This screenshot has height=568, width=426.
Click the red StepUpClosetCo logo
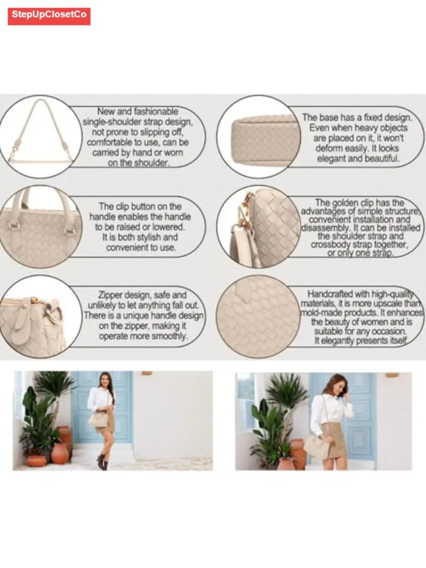[49, 16]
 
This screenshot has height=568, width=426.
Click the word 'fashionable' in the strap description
[156, 112]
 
